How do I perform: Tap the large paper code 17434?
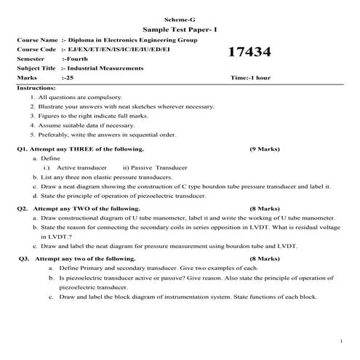point(249,52)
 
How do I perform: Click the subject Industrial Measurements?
point(108,68)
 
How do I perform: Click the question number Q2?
point(22,208)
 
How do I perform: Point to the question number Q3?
point(24,258)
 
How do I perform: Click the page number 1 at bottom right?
point(341,341)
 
